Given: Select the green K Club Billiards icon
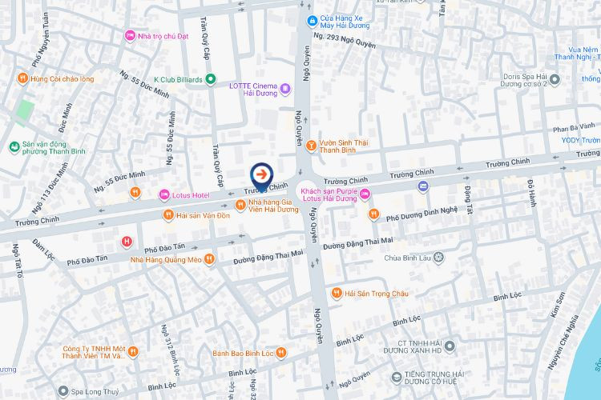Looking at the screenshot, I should [x=210, y=79].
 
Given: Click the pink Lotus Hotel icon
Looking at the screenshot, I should [x=165, y=194].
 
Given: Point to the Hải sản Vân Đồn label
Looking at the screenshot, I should [x=204, y=215].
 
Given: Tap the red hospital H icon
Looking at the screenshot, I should [x=127, y=242].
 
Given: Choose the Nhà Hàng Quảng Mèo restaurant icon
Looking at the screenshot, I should [x=209, y=258].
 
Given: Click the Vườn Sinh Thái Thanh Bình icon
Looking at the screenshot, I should [x=311, y=144].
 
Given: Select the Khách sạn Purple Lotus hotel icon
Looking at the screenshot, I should [x=365, y=194].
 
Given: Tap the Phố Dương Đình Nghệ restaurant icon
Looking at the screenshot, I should [x=373, y=214].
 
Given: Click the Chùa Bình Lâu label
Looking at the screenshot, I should [x=408, y=258].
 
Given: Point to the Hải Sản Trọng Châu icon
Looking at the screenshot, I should [x=337, y=294].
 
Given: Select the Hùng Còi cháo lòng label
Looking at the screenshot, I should [x=62, y=78].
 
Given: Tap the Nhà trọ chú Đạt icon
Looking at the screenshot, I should [x=130, y=35].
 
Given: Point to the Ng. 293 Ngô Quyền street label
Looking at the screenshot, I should [x=345, y=36].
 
